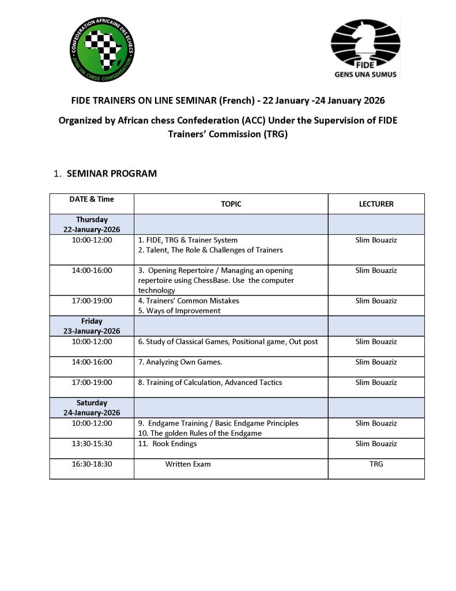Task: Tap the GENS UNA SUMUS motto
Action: coord(365,74)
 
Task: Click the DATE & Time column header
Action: coord(92,199)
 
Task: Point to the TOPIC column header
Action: coord(231,204)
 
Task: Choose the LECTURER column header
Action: coord(376,204)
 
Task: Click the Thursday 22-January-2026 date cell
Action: coord(92,225)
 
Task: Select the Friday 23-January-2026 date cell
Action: coord(92,326)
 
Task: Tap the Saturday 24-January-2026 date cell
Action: coord(92,407)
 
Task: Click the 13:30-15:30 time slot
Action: coord(92,444)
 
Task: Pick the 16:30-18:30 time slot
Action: coord(92,464)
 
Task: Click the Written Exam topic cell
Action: coord(188,464)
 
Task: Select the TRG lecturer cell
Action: coord(376,464)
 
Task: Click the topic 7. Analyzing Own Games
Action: coord(180,362)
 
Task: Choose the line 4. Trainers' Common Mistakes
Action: coord(189,301)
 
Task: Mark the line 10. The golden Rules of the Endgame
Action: coord(199,433)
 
